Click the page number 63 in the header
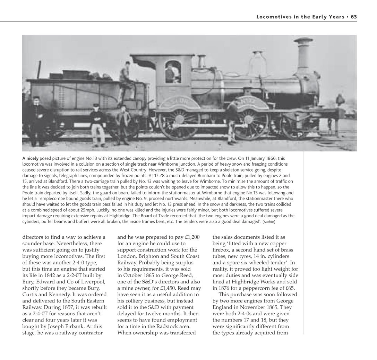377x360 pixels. (x=354, y=17)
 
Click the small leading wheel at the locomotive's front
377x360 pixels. (x=293, y=126)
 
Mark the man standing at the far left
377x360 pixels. (x=37, y=120)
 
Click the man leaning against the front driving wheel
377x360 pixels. (x=233, y=120)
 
